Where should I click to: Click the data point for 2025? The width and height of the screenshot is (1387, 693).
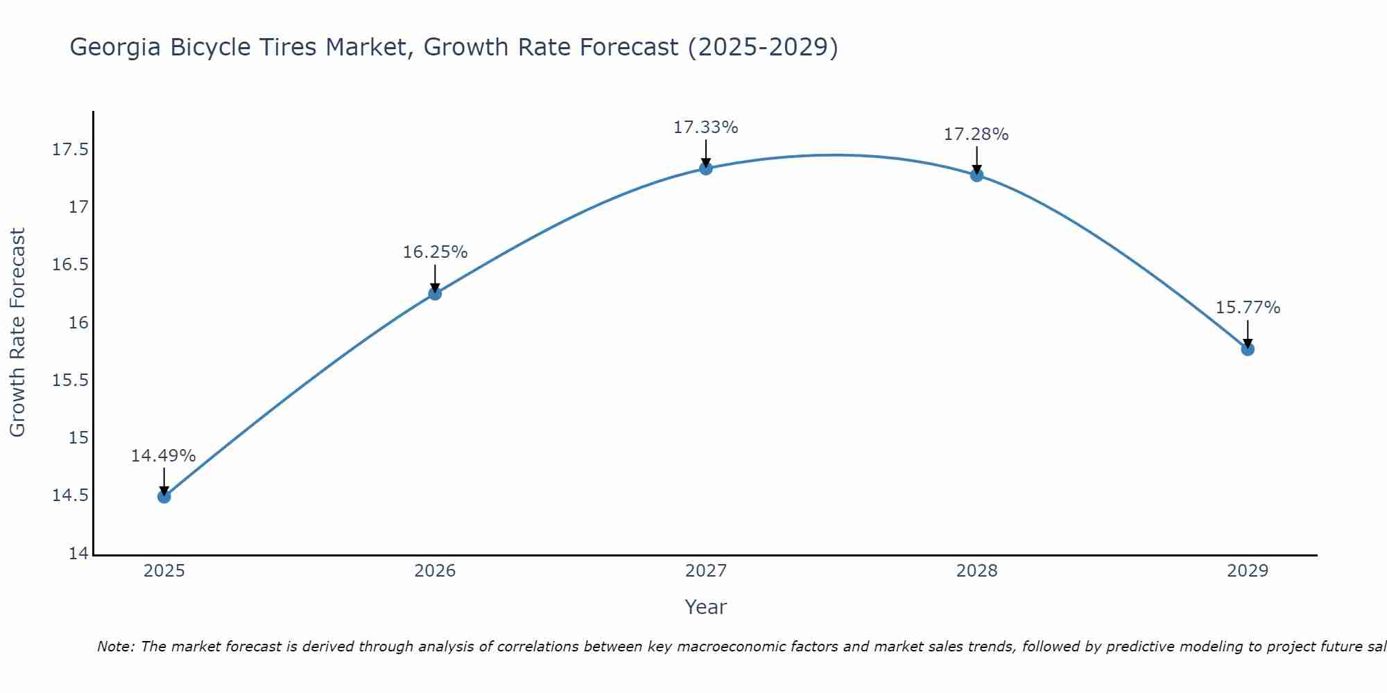click(164, 496)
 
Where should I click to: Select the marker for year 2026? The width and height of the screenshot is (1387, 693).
click(435, 293)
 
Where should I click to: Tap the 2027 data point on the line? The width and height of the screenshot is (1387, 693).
click(706, 168)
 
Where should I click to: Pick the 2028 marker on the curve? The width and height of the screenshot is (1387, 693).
click(976, 175)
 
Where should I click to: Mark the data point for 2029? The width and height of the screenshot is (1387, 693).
click(1248, 349)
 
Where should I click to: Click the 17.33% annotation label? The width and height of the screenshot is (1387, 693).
click(705, 128)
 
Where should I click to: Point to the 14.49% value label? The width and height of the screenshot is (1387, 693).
click(164, 456)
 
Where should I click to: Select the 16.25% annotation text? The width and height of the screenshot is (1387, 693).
click(435, 252)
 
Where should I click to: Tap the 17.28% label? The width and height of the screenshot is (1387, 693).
click(976, 134)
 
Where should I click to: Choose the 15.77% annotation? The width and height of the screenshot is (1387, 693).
click(1248, 308)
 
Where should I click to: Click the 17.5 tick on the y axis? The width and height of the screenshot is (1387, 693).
click(70, 150)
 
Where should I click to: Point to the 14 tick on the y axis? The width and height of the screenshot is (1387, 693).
click(79, 554)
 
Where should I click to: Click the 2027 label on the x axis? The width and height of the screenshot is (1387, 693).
click(706, 571)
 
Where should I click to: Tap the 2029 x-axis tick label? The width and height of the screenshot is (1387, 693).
click(1248, 571)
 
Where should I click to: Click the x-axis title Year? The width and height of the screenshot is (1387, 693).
click(705, 607)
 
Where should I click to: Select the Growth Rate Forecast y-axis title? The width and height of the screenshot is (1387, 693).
click(17, 333)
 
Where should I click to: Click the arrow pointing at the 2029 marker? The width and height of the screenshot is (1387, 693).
click(1248, 334)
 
